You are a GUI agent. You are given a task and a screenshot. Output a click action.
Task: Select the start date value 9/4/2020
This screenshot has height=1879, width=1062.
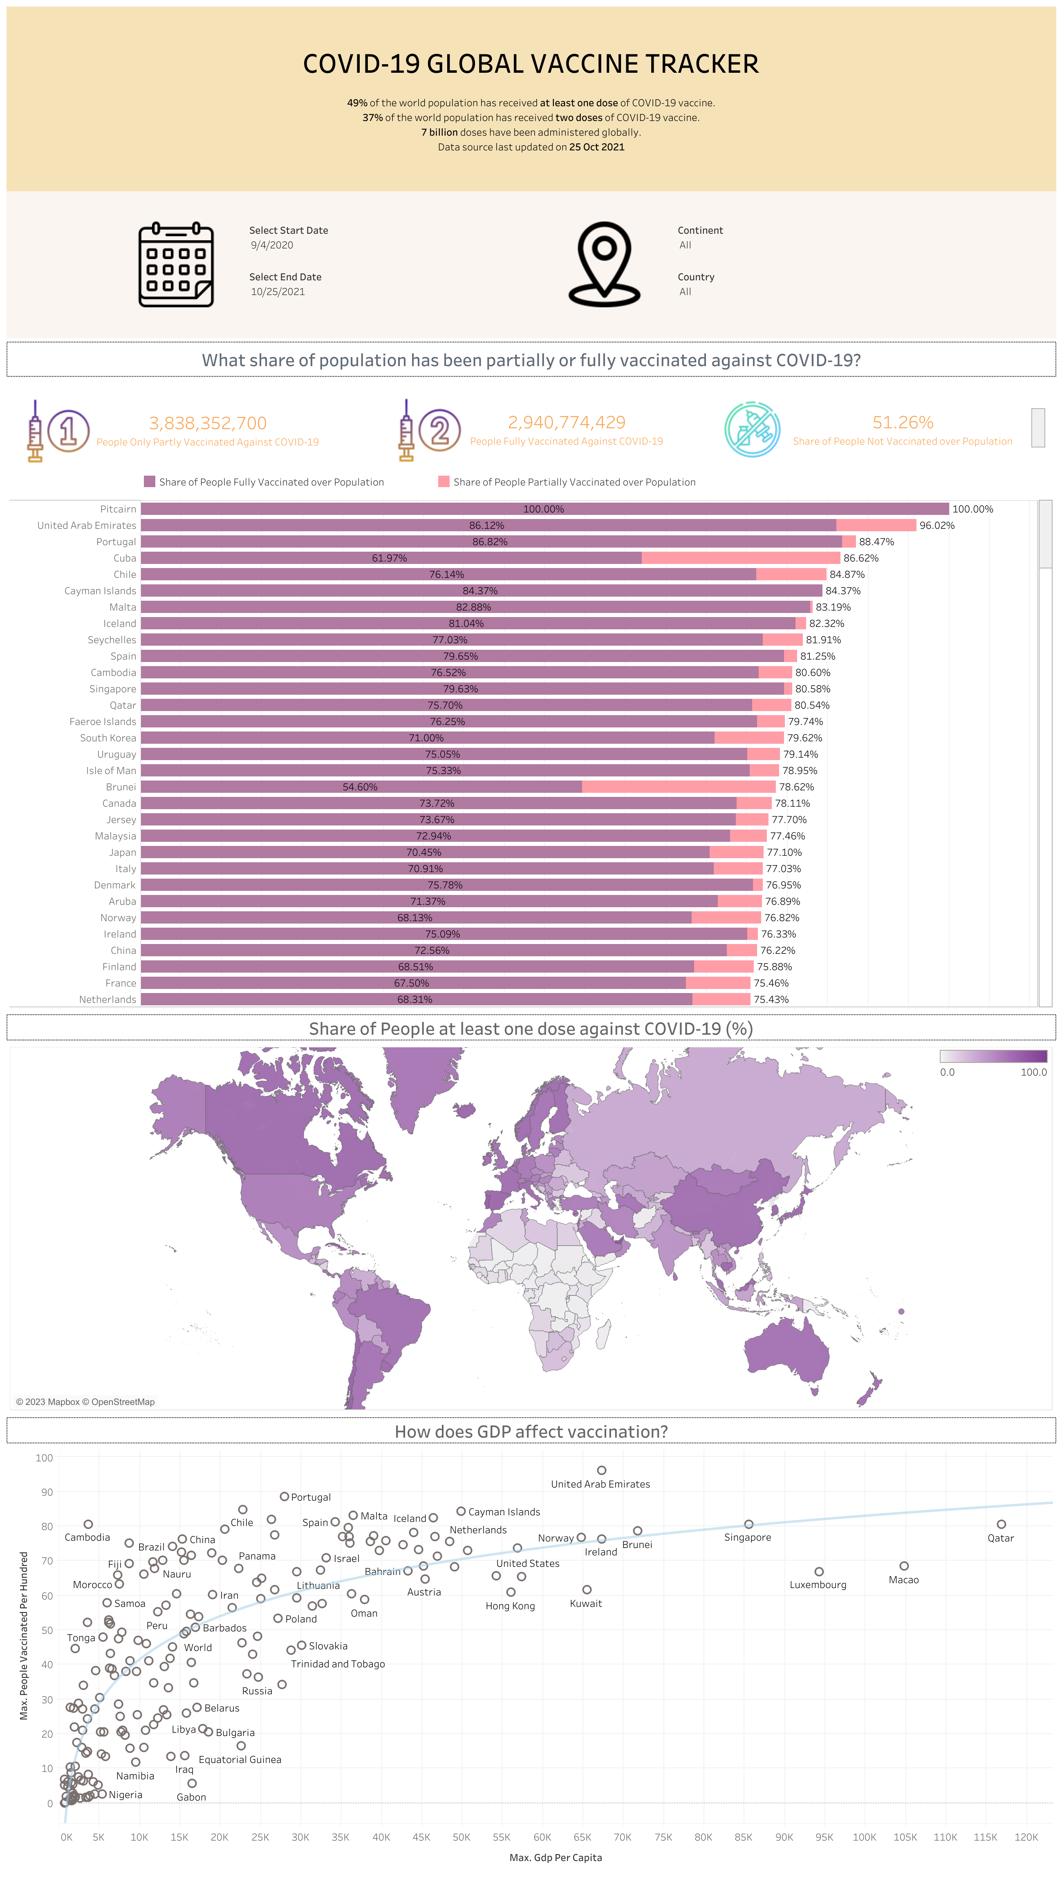coord(272,245)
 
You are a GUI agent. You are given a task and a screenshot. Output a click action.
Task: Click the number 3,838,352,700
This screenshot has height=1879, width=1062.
coord(208,423)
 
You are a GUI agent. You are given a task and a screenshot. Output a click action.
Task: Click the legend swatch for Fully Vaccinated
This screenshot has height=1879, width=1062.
coord(150,481)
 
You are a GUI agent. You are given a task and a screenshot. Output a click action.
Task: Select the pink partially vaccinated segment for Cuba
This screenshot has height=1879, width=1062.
coord(740,558)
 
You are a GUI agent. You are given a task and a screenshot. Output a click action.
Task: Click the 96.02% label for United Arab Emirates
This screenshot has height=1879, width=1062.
coord(937,525)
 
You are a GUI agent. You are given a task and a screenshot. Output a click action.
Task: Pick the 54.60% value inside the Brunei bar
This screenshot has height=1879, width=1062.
coord(360,787)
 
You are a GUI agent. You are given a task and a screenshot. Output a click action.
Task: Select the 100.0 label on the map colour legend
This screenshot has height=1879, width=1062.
coord(1033,1072)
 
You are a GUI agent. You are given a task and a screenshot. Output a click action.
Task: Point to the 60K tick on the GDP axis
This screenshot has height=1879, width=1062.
coord(542,1837)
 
